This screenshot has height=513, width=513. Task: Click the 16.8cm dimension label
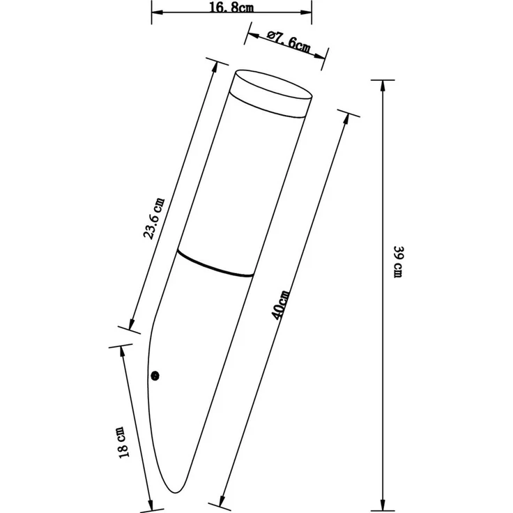tap(231, 7)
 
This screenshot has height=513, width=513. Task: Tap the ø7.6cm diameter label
tap(289, 42)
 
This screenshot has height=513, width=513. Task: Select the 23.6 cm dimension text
tap(155, 219)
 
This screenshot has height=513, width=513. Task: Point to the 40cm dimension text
tap(281, 305)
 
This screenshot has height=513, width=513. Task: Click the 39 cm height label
tap(398, 262)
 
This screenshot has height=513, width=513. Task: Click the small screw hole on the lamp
tap(155, 376)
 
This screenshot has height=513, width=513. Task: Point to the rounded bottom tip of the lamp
tap(176, 491)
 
